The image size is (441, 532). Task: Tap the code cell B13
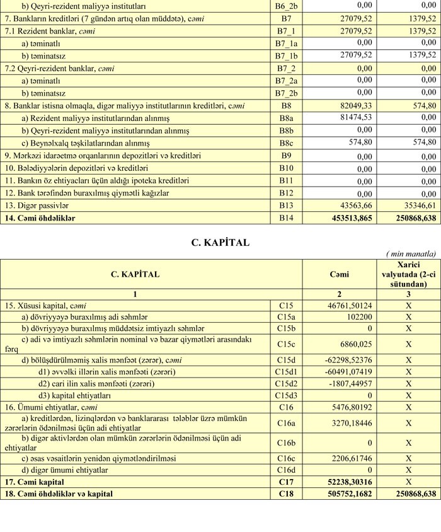[285, 205]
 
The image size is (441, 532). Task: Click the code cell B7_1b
[285, 55]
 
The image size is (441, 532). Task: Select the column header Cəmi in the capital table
[339, 275]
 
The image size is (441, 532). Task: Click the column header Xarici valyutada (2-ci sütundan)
[408, 275]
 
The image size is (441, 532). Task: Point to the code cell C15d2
[285, 383]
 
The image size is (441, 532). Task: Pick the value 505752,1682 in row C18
[346, 494]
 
